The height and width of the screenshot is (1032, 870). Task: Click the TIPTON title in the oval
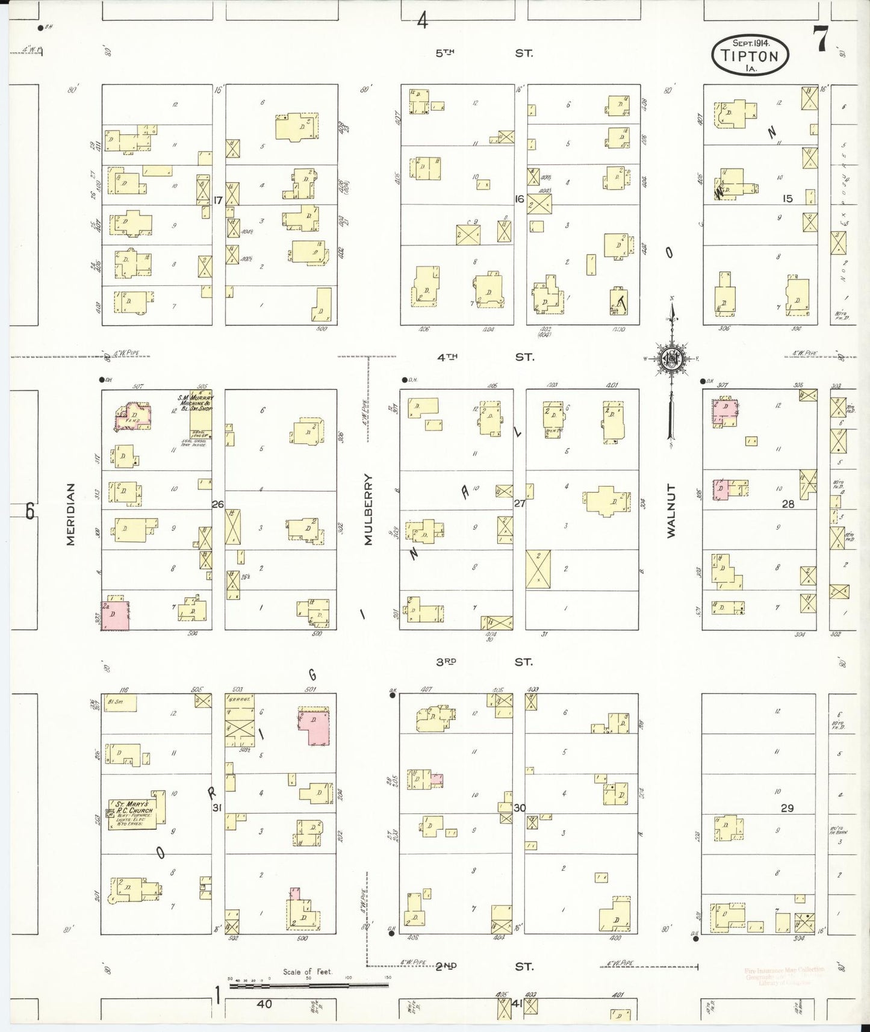(750, 56)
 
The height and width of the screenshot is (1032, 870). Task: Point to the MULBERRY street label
(368, 509)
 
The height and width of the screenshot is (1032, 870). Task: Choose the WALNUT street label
(671, 510)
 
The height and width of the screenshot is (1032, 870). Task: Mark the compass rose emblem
(670, 359)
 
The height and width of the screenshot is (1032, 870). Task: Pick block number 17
(218, 199)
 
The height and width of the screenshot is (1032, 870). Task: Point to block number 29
(787, 808)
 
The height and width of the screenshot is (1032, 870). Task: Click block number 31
(218, 808)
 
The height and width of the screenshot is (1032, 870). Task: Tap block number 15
(787, 199)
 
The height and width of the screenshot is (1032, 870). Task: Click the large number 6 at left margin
(30, 511)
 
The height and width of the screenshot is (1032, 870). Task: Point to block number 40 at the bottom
(264, 1004)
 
